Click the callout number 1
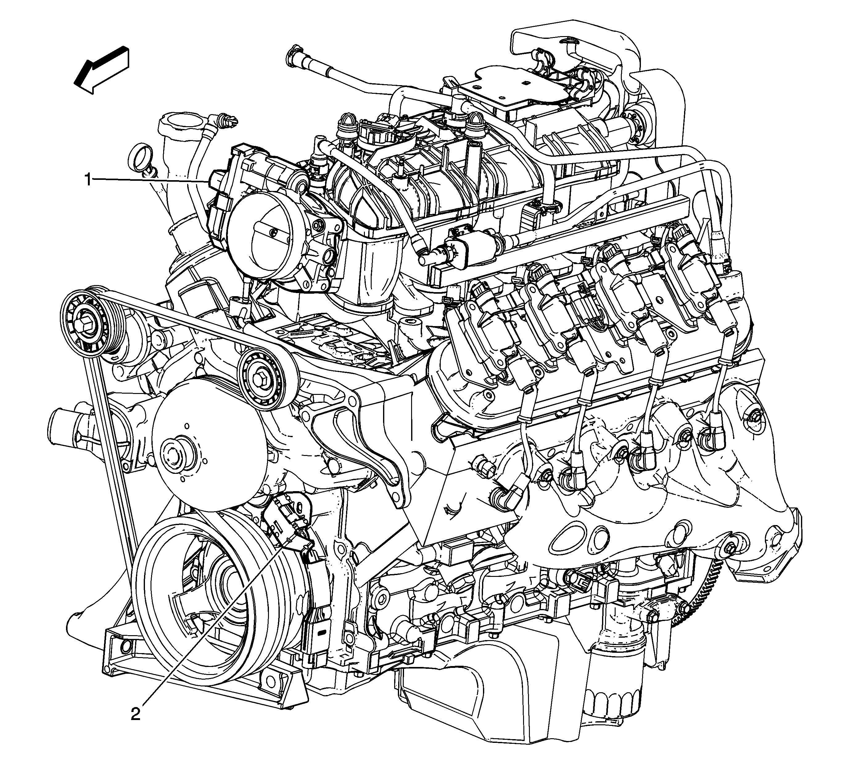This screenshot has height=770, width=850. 88,180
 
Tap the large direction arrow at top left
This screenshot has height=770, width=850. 101,70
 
